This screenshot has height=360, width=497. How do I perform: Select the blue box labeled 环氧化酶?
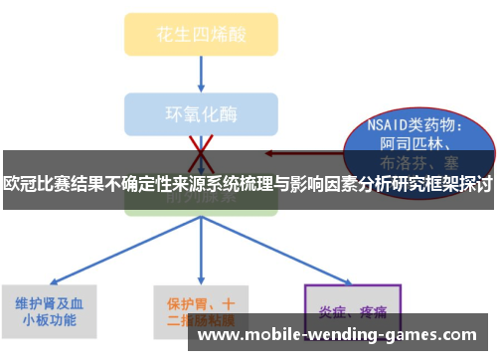click(x=201, y=110)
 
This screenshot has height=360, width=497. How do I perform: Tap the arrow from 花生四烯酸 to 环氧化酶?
click(x=201, y=71)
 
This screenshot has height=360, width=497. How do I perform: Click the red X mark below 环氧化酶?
click(x=201, y=148)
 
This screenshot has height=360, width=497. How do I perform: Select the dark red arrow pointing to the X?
click(x=298, y=154)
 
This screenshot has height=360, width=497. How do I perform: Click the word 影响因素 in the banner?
click(x=322, y=183)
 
